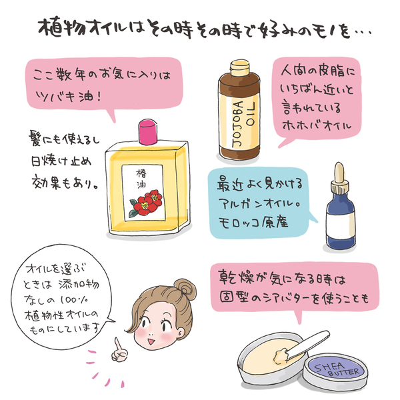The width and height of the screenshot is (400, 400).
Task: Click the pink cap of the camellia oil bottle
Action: point(148,131)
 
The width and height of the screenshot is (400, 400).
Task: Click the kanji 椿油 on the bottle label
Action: point(141,179)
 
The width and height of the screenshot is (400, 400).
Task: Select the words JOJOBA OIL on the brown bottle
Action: point(243,124)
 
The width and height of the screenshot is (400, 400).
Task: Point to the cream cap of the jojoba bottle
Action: point(239,67)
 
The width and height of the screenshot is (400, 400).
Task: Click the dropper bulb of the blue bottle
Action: point(339,173)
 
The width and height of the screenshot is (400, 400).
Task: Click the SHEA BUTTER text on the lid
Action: point(337,369)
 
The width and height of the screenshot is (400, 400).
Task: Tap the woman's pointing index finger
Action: point(117,345)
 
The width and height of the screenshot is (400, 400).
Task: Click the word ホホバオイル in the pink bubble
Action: point(317,125)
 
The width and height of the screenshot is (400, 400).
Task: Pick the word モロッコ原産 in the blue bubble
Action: point(253,222)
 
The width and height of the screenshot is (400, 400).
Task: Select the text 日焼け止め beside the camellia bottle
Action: point(61,161)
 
